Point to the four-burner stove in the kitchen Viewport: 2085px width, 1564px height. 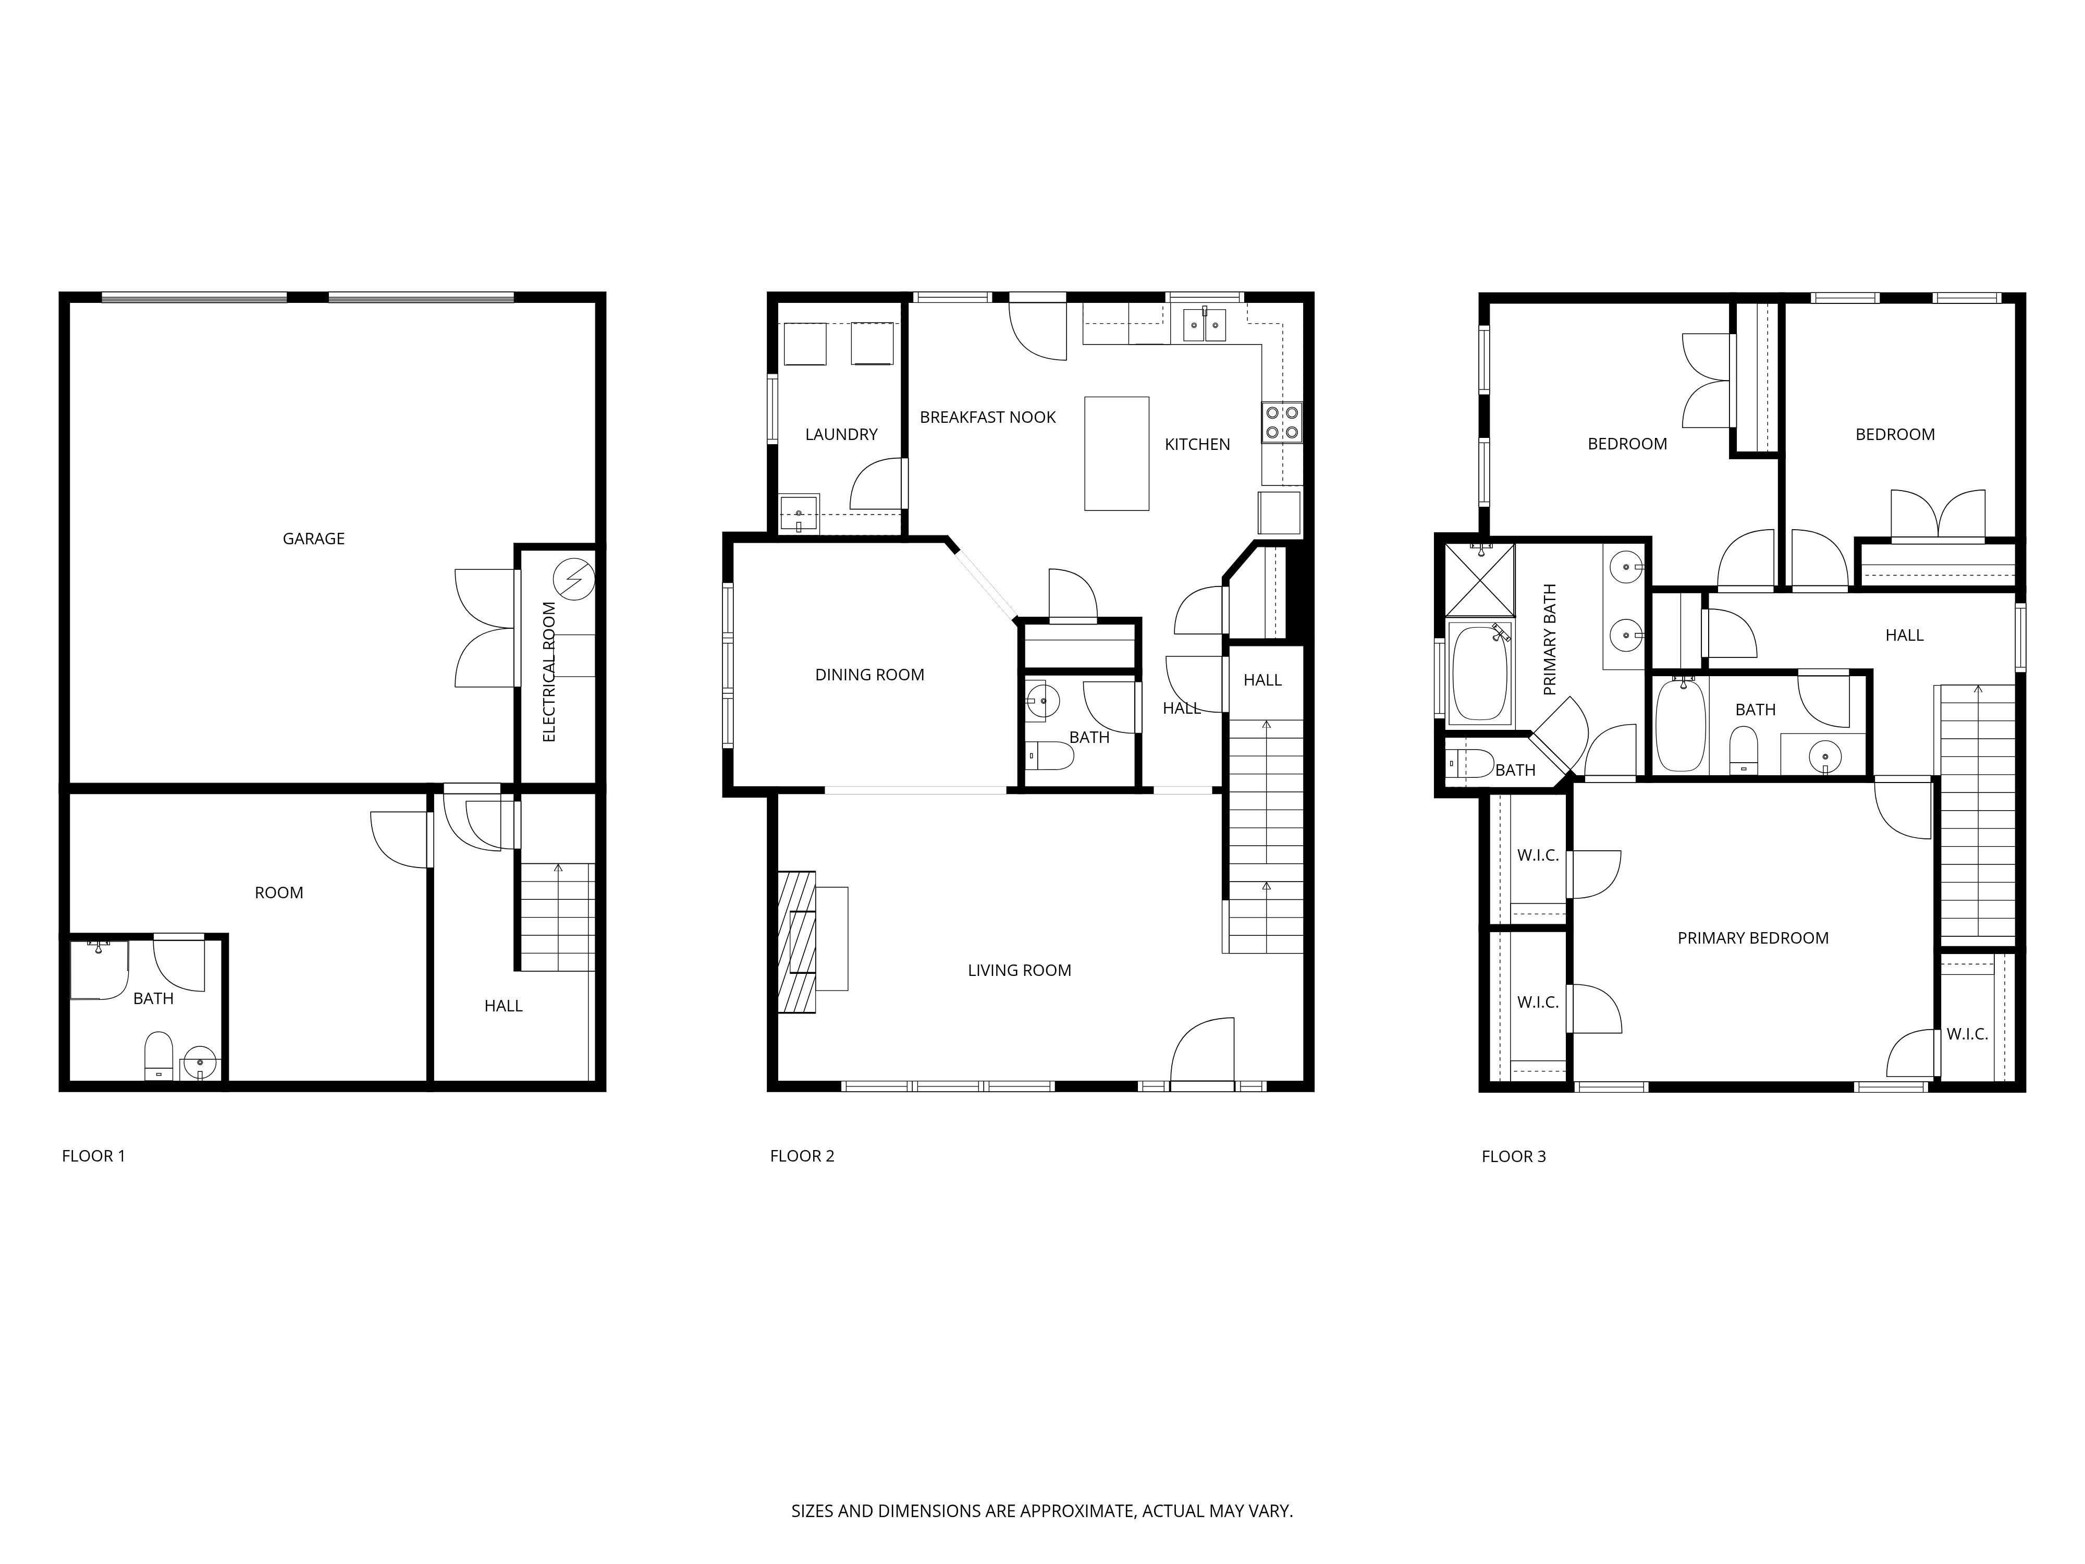[x=1281, y=422]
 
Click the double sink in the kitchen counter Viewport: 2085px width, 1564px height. [x=1204, y=325]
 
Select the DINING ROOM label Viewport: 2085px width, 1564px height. [x=869, y=674]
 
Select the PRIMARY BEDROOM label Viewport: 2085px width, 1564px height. [x=1752, y=938]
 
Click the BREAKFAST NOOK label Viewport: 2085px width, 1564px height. [x=987, y=417]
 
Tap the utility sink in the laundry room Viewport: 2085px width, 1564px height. [x=799, y=515]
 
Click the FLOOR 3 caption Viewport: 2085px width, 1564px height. [x=1513, y=1156]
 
